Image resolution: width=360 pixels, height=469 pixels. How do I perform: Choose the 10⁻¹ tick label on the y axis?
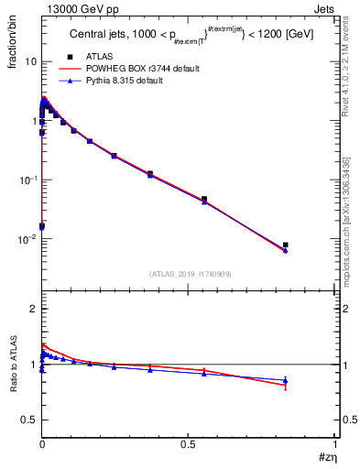tap(27, 180)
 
